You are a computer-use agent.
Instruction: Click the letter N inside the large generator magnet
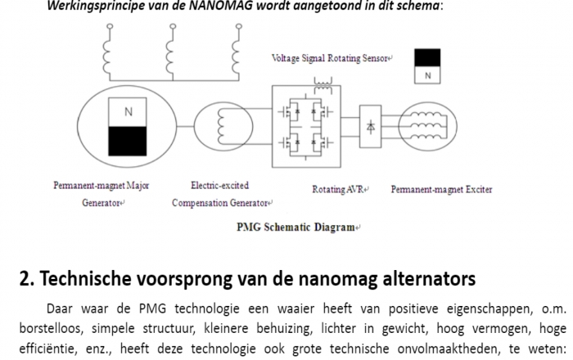(x=129, y=112)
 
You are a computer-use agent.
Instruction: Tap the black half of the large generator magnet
(x=128, y=141)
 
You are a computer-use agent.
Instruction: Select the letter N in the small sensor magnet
(x=427, y=75)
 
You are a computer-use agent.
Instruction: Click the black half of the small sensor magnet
(x=427, y=58)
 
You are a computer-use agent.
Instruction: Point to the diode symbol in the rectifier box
(x=371, y=127)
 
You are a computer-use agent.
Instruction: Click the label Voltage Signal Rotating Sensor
(x=330, y=58)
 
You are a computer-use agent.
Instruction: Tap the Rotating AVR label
(x=338, y=189)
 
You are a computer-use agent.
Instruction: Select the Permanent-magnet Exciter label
(x=441, y=189)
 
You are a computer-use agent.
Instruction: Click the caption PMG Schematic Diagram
(x=296, y=227)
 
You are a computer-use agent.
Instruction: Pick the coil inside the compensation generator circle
(x=220, y=127)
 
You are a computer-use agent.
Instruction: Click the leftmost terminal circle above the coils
(x=110, y=26)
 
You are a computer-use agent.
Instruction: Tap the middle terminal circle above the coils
(x=173, y=26)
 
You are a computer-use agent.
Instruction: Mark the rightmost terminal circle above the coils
(x=239, y=26)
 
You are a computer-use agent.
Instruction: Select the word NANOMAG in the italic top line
(x=221, y=6)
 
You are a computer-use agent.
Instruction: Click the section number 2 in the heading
(x=25, y=278)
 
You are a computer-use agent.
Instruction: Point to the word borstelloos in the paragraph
(x=51, y=328)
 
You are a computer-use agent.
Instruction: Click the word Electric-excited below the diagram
(x=219, y=185)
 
